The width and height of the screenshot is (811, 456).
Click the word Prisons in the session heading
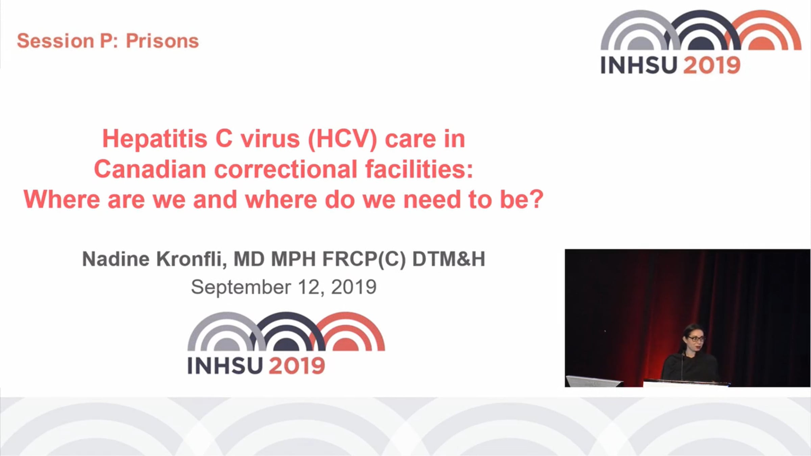[x=162, y=41]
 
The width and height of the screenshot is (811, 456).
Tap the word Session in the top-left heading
[x=55, y=41]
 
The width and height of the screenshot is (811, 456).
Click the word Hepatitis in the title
[x=155, y=139]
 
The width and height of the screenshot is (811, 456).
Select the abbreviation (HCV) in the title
[x=342, y=139]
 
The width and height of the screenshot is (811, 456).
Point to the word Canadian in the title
[x=150, y=169]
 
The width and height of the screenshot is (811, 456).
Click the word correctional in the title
[x=286, y=169]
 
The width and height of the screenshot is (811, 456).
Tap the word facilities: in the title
[x=419, y=169]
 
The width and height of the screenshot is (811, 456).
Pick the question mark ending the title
[x=537, y=199]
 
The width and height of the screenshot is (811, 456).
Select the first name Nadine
[x=116, y=259]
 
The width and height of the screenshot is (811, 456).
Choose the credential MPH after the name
[x=293, y=259]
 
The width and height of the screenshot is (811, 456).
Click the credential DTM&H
[x=449, y=259]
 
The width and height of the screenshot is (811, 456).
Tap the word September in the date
[x=241, y=288]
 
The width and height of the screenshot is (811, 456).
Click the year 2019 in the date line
[x=354, y=287]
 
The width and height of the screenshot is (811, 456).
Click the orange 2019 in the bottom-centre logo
[x=297, y=365]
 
